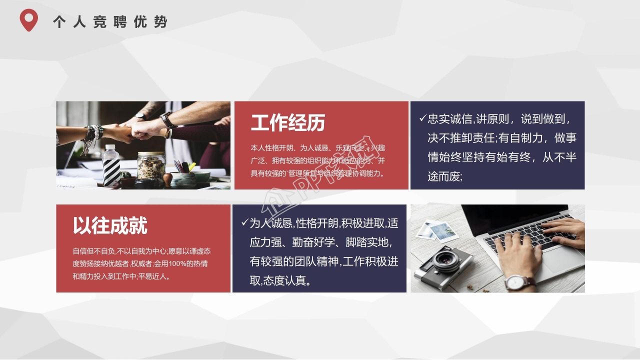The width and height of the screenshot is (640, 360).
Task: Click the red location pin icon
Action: click(x=28, y=20)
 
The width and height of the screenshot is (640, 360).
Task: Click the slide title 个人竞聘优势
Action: click(x=110, y=22)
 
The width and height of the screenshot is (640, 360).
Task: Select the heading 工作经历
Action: click(x=288, y=122)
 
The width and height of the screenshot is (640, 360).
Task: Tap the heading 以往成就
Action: click(x=110, y=226)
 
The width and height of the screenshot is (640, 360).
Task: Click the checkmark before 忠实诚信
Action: click(x=422, y=119)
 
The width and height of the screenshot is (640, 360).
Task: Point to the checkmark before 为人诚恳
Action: click(x=244, y=222)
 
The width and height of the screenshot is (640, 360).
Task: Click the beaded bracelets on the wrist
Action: click(x=92, y=135)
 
